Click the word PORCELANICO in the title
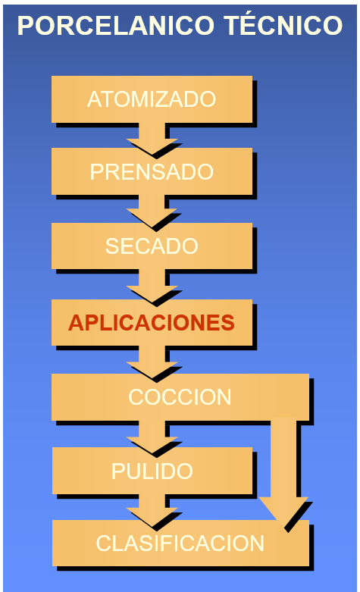point(115,25)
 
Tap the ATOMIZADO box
point(152,99)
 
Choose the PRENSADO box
point(152,171)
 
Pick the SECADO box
point(152,246)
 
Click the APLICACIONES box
point(152,322)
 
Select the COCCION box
point(180,397)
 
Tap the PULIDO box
point(152,471)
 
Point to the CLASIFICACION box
point(180,543)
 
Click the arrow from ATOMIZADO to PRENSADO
point(152,138)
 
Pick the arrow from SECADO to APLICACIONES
point(152,286)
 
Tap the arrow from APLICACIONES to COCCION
point(152,362)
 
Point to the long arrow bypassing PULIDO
point(283,472)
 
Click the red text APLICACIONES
point(152,323)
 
